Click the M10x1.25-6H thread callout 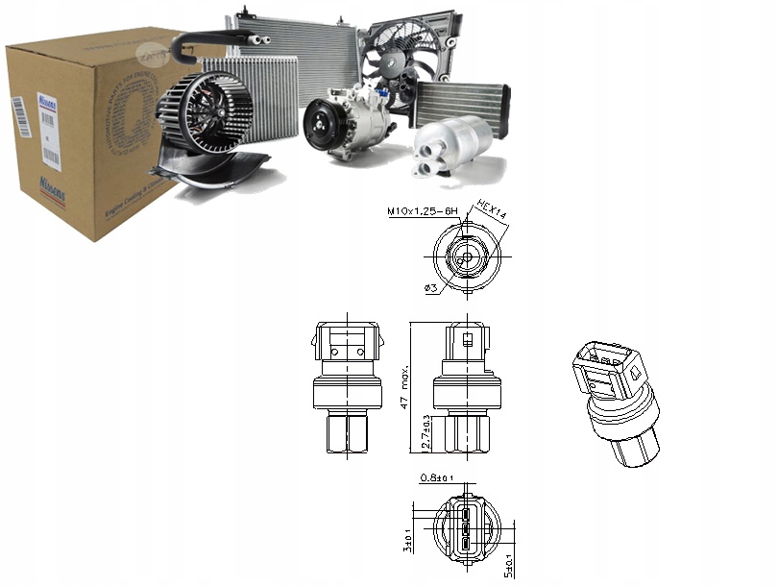[x=429, y=211]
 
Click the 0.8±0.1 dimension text [x=438, y=477]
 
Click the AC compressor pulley [x=321, y=125]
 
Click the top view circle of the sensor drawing [x=465, y=252]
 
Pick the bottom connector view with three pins [x=465, y=528]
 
